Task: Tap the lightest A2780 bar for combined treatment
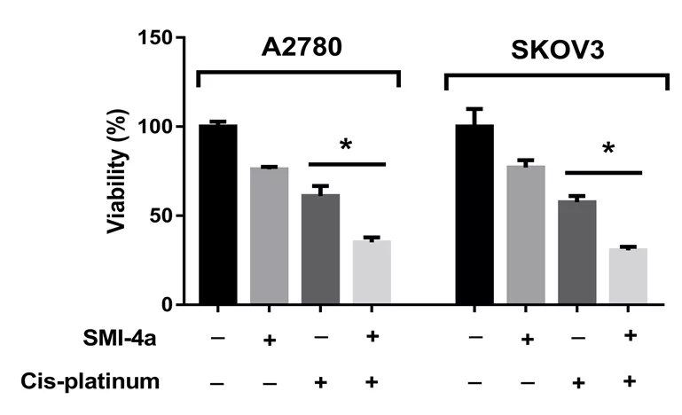click(x=372, y=272)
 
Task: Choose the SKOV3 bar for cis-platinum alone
click(x=577, y=253)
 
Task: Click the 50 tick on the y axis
click(x=163, y=215)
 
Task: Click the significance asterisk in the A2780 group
click(x=346, y=145)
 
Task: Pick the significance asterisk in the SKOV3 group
click(x=608, y=150)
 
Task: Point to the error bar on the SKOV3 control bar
click(x=474, y=114)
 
